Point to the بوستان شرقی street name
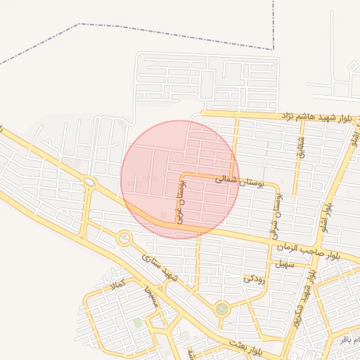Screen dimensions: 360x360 pyautogui.click(x=275, y=214)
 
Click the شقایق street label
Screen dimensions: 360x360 pyautogui.click(x=301, y=146)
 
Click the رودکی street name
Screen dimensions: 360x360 pyautogui.click(x=254, y=278)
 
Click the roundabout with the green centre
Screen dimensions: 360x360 pyautogui.click(x=222, y=308)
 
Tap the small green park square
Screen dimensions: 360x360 pyautogui.click(x=137, y=323)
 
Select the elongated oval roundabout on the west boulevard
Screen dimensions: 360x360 pyautogui.click(x=90, y=183)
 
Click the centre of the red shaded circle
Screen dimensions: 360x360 pyautogui.click(x=180, y=179)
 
